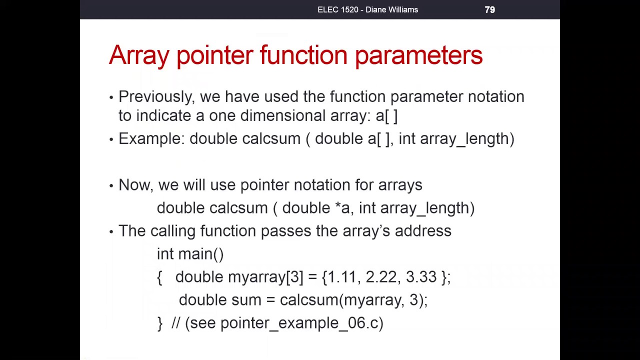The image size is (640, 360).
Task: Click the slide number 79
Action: point(489,9)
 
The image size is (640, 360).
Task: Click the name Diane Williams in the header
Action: point(391,9)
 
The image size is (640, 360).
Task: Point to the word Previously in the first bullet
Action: point(155,97)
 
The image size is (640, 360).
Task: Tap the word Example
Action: point(152,139)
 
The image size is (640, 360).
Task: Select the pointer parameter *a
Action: point(343,208)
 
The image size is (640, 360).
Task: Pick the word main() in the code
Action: point(201,254)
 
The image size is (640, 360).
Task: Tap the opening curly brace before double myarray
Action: point(159,277)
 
